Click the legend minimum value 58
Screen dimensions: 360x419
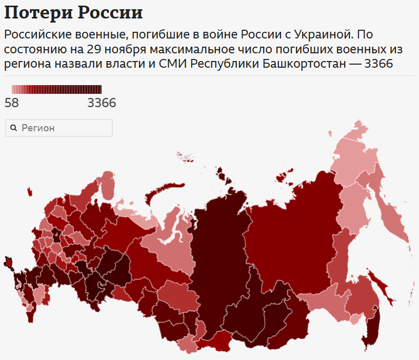pyautogui.click(x=11, y=103)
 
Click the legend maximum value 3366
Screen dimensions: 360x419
pyautogui.click(x=102, y=103)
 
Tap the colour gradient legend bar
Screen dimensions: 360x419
pyautogui.click(x=56, y=89)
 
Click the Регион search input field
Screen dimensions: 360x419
pyautogui.click(x=62, y=128)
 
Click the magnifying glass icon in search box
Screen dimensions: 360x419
pyautogui.click(x=14, y=128)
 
